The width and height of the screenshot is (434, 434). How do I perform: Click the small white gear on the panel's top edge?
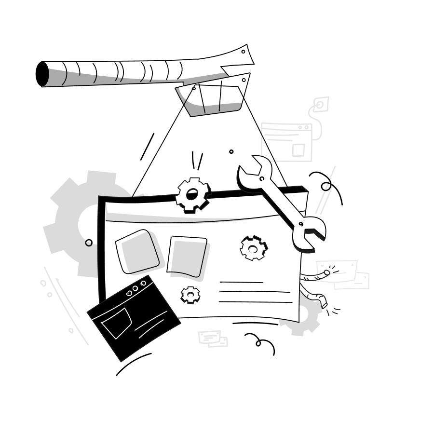[192, 195]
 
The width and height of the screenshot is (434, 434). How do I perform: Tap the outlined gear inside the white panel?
[253, 248]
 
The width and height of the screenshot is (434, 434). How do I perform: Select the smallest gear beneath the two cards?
[190, 294]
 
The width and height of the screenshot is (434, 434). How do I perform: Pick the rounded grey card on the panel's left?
[137, 252]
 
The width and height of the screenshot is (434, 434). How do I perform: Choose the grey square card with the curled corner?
[186, 256]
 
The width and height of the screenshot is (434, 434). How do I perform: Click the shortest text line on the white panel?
[241, 282]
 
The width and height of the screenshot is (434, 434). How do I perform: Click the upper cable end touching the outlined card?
[326, 273]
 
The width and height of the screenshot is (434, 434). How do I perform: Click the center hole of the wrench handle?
[262, 179]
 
